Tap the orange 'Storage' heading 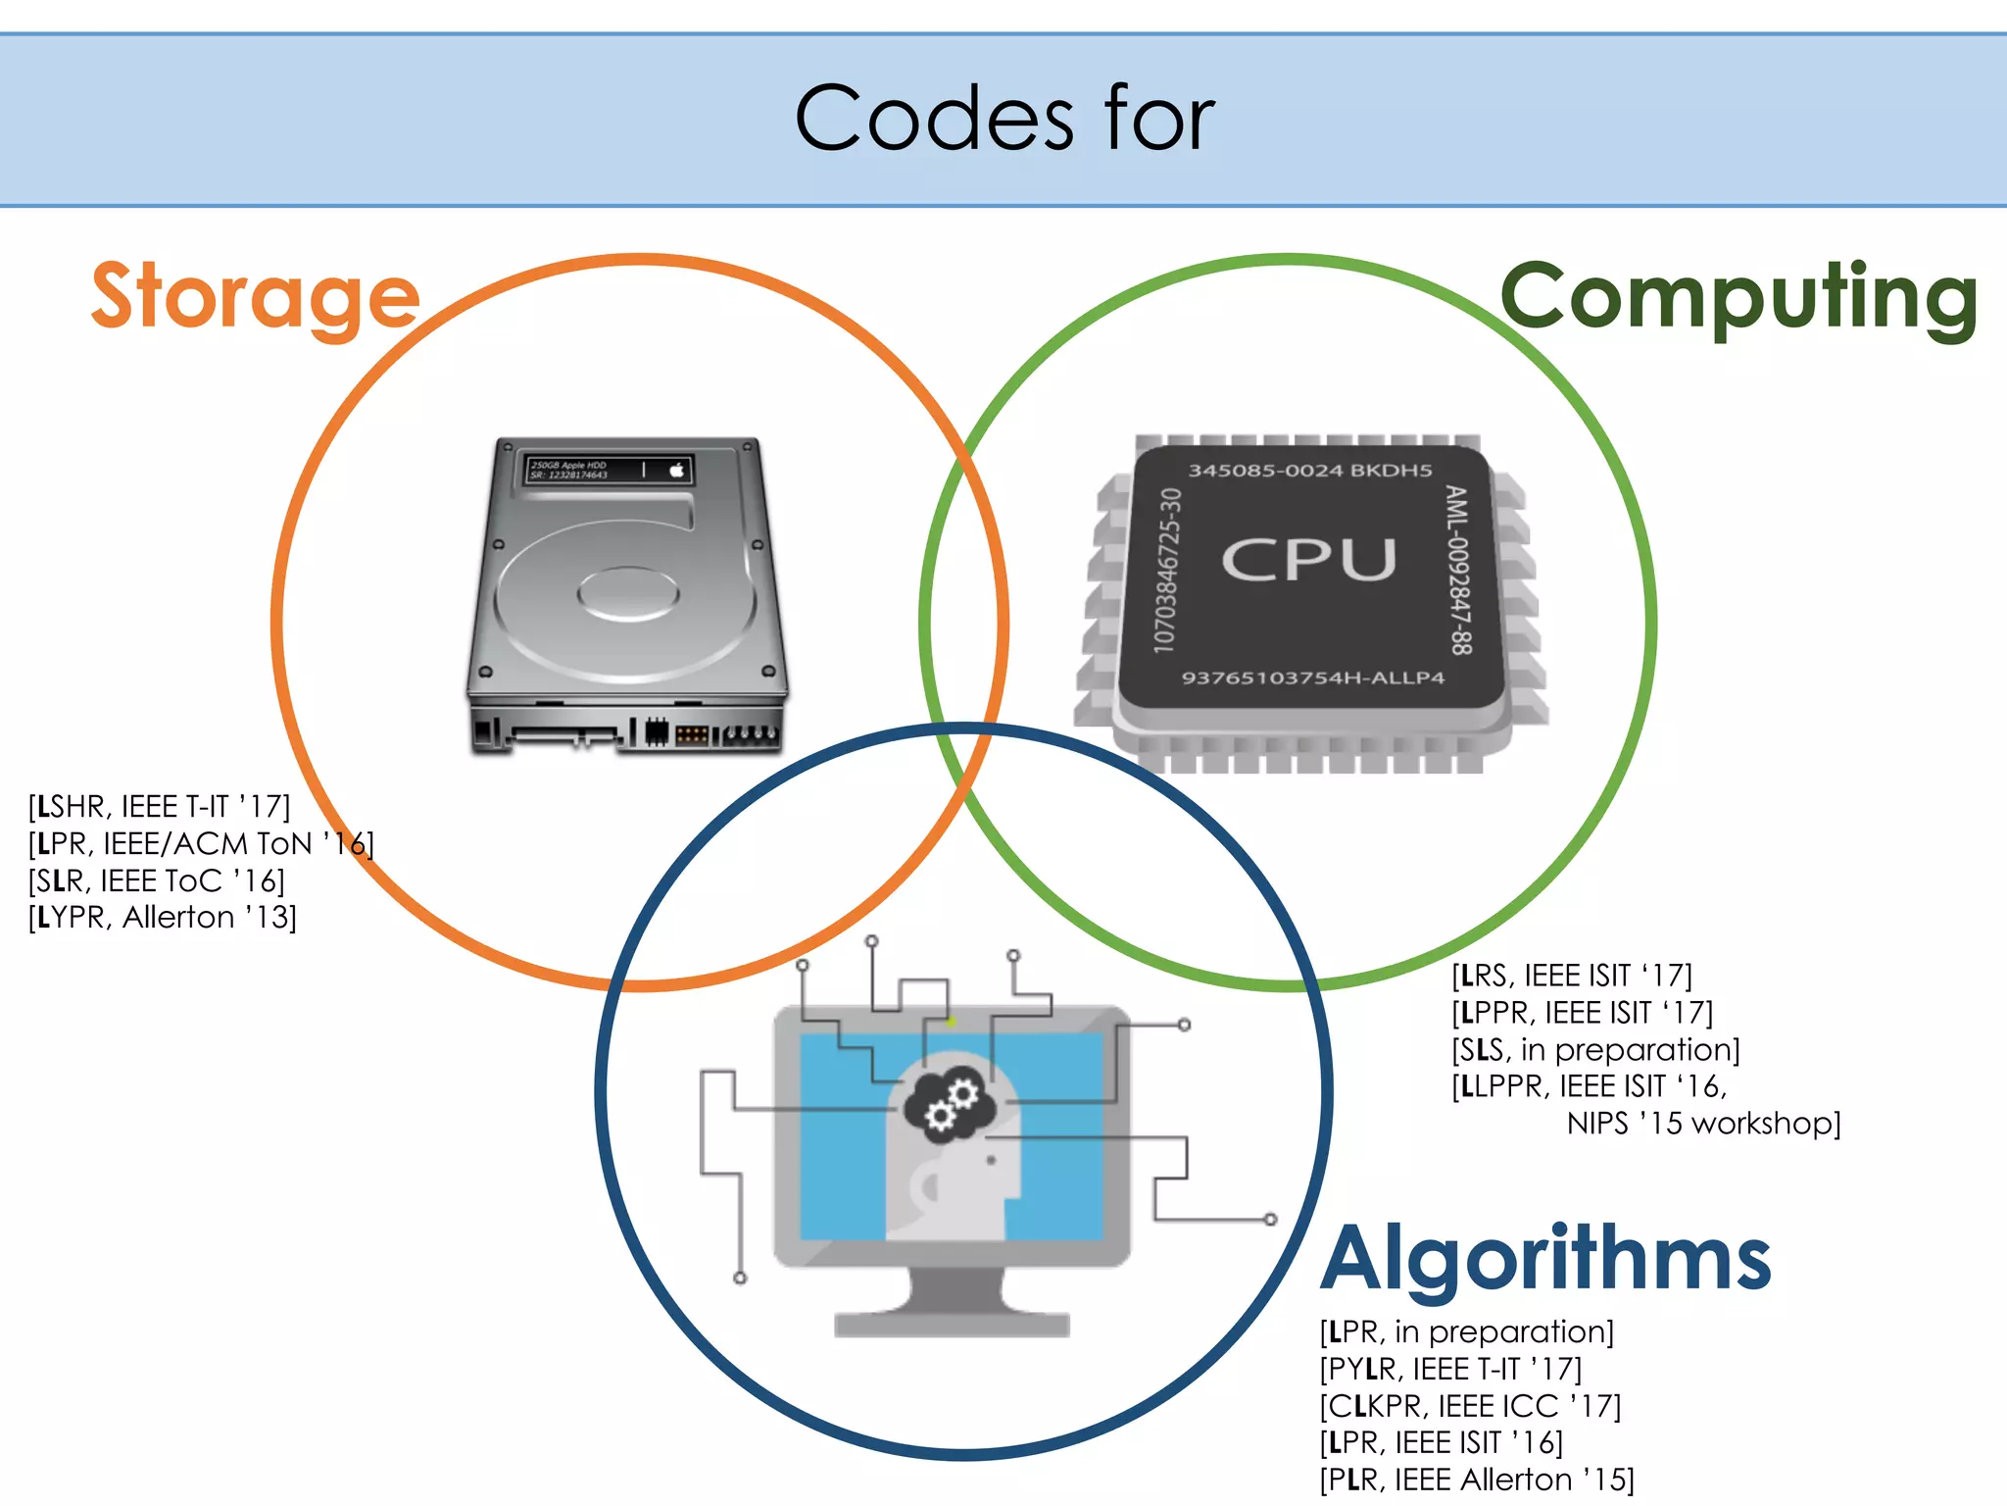[256, 297]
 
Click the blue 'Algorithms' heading [1545, 1260]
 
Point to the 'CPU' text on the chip [1309, 560]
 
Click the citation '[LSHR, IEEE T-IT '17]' [160, 807]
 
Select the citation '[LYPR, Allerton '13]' [163, 918]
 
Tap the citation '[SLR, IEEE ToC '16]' [157, 880]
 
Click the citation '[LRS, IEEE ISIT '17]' [1572, 976]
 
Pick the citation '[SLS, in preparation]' [1595, 1050]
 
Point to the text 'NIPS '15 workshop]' [1703, 1124]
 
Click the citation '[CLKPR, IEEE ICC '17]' [1470, 1406]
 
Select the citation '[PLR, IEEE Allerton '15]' [1477, 1480]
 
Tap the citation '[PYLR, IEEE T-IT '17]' [1450, 1369]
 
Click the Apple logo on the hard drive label [676, 471]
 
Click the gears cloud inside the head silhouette [950, 1103]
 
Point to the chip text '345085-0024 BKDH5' [1310, 471]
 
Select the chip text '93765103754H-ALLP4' [1313, 678]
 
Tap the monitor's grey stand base [951, 1324]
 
